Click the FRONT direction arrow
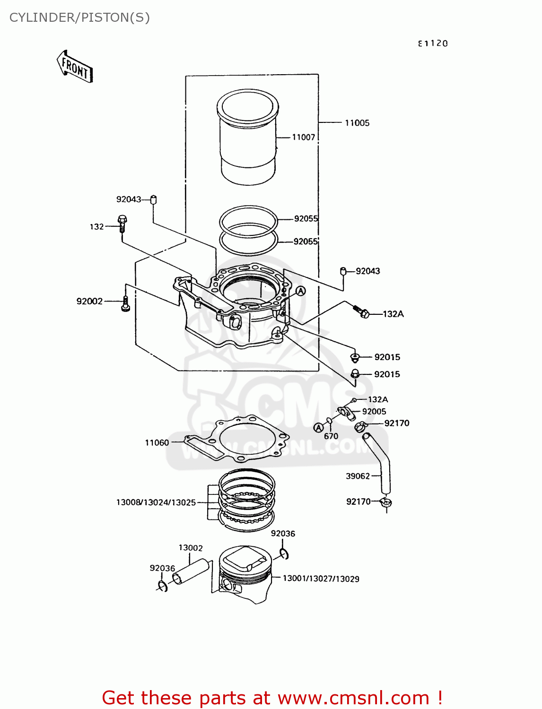[74, 67]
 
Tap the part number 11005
[357, 123]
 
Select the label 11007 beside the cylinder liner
[303, 137]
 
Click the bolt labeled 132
[122, 224]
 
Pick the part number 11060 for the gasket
[157, 443]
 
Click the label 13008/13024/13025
[156, 502]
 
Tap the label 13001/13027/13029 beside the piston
[321, 579]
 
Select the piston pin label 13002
[190, 548]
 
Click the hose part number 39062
[358, 476]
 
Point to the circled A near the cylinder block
[300, 291]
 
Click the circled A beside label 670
[319, 428]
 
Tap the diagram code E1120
[432, 43]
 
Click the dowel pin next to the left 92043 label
[153, 199]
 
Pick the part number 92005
[374, 412]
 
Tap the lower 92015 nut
[355, 374]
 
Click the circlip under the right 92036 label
[284, 554]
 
